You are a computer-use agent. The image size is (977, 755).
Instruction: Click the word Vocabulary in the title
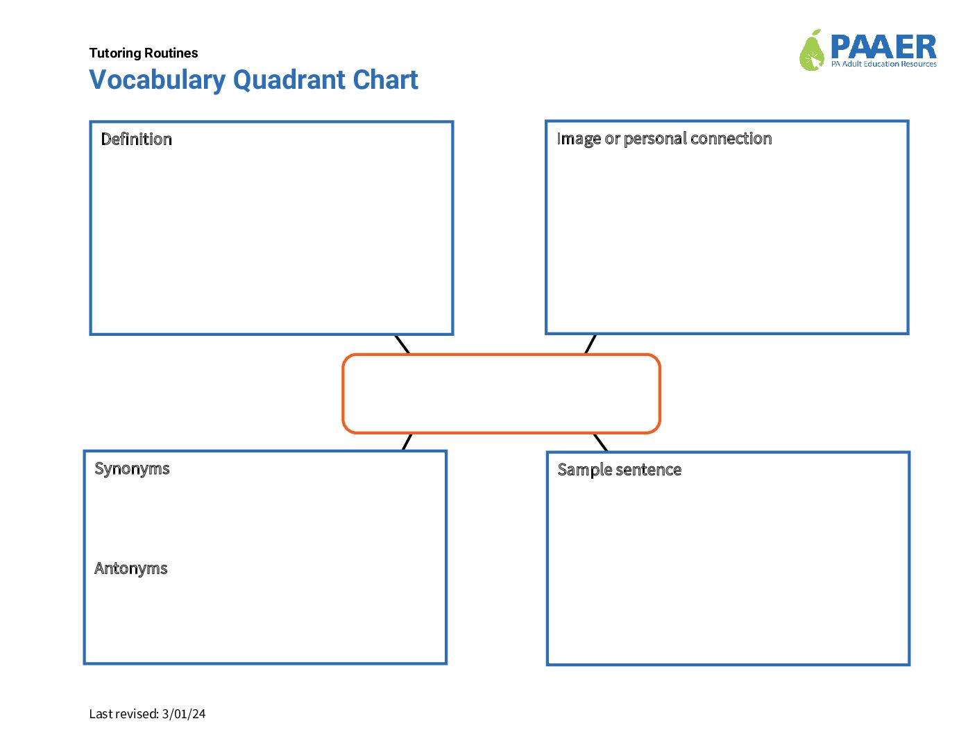point(158,80)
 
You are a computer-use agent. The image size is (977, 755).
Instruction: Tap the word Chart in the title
point(385,80)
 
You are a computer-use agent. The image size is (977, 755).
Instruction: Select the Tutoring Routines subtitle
point(144,53)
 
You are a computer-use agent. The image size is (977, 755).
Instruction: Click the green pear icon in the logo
point(812,51)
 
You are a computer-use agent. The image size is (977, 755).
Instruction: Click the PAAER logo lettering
point(883,46)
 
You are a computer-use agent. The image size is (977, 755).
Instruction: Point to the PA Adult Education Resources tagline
point(883,64)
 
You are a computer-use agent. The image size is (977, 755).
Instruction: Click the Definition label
point(136,139)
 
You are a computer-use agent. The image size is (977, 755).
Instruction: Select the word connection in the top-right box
point(731,139)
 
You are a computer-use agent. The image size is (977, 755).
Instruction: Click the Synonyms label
point(132,469)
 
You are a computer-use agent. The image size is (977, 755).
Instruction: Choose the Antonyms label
point(130,568)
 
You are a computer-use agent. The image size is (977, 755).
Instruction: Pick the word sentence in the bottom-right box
point(648,470)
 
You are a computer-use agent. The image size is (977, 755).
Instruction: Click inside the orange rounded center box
point(501,393)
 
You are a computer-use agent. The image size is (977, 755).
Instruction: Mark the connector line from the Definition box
point(402,344)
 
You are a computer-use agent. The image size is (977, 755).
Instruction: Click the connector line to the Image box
point(591,344)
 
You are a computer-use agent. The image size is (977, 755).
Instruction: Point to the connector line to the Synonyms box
point(407,442)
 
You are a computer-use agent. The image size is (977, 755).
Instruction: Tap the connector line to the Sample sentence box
point(601,443)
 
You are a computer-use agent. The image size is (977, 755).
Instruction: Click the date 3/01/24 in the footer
point(183,714)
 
